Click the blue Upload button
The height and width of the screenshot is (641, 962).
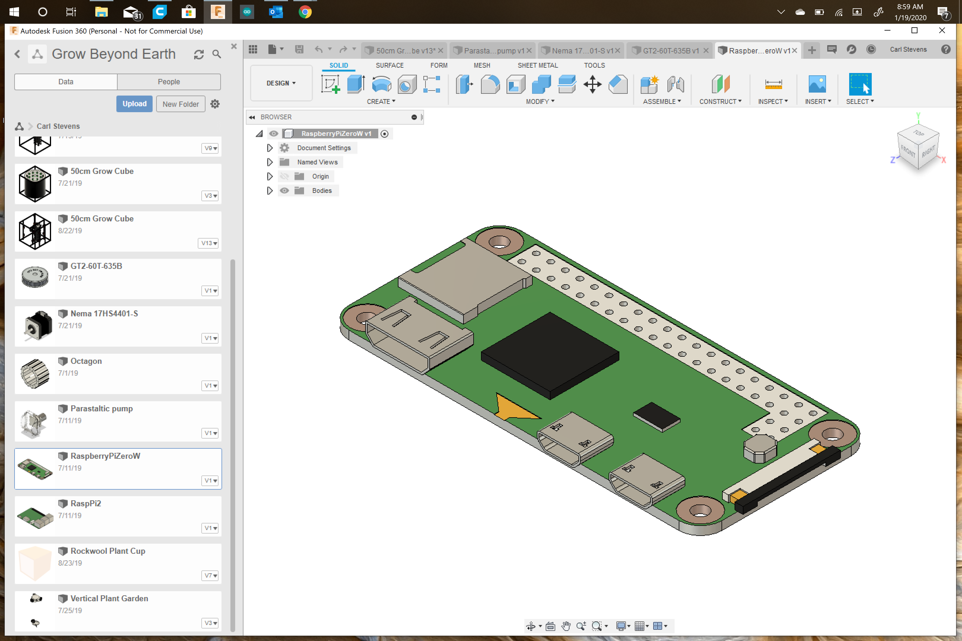[x=134, y=104]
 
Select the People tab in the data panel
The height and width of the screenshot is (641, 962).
[x=169, y=82]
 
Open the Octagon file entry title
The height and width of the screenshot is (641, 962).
[x=86, y=361]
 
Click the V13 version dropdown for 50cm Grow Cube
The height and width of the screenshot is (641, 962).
[x=209, y=243]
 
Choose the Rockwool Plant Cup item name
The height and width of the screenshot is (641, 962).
[x=107, y=551]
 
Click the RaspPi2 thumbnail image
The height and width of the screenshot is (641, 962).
[x=35, y=516]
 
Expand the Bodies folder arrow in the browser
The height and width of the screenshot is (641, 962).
[x=270, y=191]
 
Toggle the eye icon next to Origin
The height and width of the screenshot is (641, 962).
[x=284, y=176]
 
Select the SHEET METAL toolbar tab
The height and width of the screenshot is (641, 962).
[x=537, y=65]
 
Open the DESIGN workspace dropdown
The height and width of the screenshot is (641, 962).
[x=281, y=83]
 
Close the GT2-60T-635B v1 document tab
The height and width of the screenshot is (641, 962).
[x=705, y=51]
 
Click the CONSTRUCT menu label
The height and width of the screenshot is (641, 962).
[x=720, y=101]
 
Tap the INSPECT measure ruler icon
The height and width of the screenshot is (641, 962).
[x=773, y=85]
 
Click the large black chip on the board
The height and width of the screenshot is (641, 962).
[x=550, y=355]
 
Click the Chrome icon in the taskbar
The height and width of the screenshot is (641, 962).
[x=305, y=12]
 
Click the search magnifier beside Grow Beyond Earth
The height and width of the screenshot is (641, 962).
[x=216, y=54]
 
